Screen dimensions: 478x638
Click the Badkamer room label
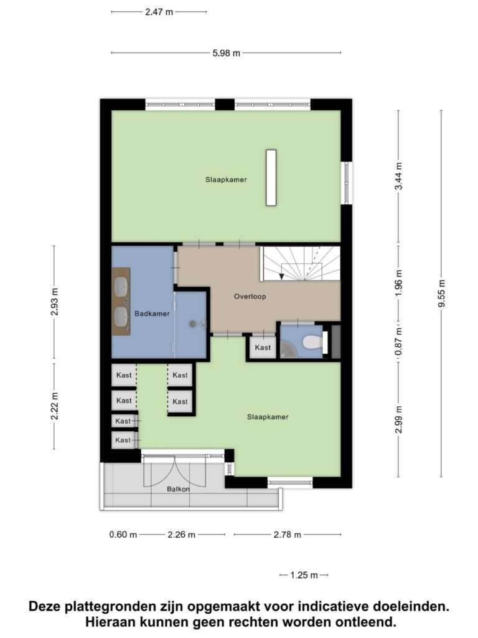pyautogui.click(x=152, y=314)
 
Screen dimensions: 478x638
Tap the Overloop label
pyautogui.click(x=250, y=297)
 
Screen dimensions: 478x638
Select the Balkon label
pyautogui.click(x=178, y=489)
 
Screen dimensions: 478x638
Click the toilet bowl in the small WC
pyautogui.click(x=312, y=343)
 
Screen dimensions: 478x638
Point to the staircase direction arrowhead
pyautogui.click(x=282, y=277)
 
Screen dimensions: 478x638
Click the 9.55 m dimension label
pyautogui.click(x=442, y=294)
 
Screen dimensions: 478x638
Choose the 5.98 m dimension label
pyautogui.click(x=227, y=53)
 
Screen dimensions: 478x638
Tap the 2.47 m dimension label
pyautogui.click(x=159, y=12)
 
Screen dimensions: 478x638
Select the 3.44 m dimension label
pyautogui.click(x=399, y=176)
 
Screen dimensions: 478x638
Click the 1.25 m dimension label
pyautogui.click(x=304, y=575)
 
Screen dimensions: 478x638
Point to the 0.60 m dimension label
pyautogui.click(x=123, y=535)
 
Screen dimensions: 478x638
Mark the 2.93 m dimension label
pyautogui.click(x=55, y=302)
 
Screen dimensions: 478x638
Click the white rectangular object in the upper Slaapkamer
pyautogui.click(x=271, y=178)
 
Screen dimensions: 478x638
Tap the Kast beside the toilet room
pyautogui.click(x=263, y=348)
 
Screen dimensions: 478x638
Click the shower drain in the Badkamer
pyautogui.click(x=193, y=324)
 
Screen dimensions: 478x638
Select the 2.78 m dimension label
pyautogui.click(x=288, y=535)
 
